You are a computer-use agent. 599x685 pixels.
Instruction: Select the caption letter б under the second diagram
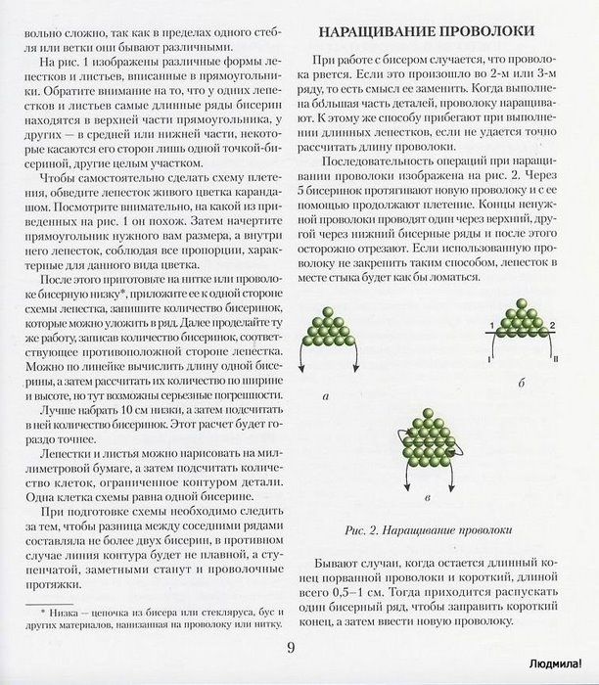[518, 392]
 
